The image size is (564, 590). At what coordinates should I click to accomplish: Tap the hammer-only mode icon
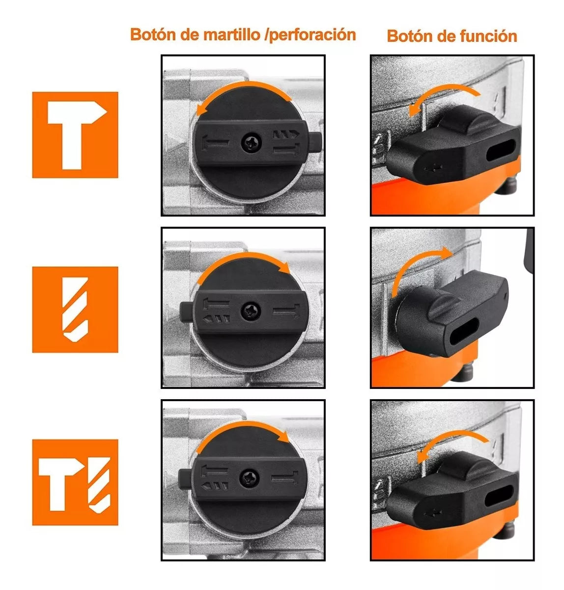(75, 135)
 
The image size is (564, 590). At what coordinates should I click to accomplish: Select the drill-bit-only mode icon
(75, 309)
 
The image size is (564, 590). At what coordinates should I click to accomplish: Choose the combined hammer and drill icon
(75, 482)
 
